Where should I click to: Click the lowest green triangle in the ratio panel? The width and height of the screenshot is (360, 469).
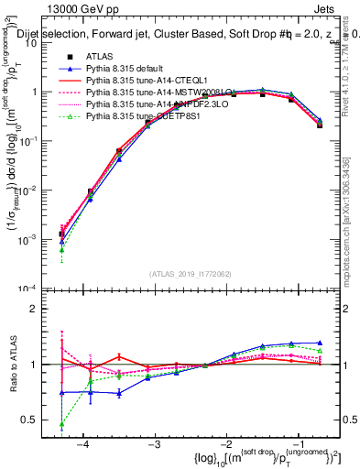(x=61, y=425)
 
